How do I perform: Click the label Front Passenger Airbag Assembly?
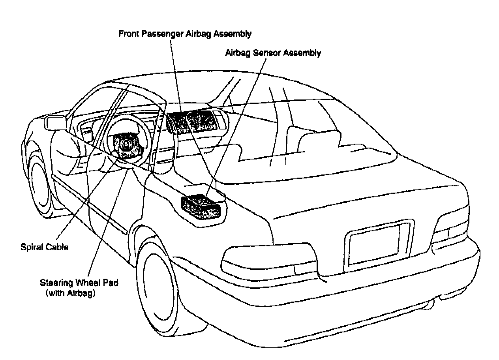coord(185,34)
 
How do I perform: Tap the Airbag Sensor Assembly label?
coord(272,52)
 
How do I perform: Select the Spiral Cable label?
coord(44,247)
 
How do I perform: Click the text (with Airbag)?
coord(71,293)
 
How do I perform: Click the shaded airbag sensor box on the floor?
coord(201,207)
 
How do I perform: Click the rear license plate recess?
coord(375,245)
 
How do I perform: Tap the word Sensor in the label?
coord(269,52)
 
